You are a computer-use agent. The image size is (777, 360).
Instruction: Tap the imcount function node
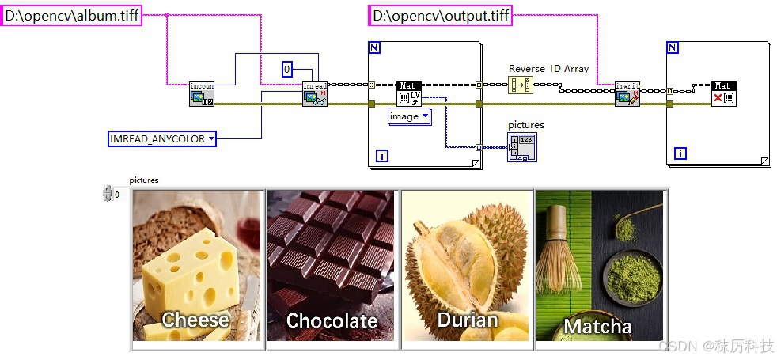pyautogui.click(x=202, y=93)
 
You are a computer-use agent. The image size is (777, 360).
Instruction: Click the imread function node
pyautogui.click(x=315, y=93)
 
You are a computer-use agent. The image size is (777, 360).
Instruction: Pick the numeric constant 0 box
pyautogui.click(x=288, y=70)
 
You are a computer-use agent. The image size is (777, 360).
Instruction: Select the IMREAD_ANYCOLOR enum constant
pyautogui.click(x=162, y=139)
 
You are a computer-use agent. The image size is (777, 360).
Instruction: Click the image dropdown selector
pyautogui.click(x=409, y=116)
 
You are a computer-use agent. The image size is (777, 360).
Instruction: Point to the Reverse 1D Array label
pyautogui.click(x=548, y=69)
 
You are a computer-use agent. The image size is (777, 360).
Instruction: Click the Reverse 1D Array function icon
pyautogui.click(x=521, y=85)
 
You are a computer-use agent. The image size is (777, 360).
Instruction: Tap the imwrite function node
pyautogui.click(x=627, y=93)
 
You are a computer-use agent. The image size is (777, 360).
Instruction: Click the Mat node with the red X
pyautogui.click(x=723, y=93)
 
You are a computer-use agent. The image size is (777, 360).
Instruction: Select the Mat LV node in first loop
pyautogui.click(x=408, y=93)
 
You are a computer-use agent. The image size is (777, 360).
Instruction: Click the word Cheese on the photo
pyautogui.click(x=195, y=320)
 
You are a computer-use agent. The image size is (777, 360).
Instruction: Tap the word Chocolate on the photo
pyautogui.click(x=332, y=320)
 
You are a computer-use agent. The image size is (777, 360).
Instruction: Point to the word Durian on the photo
pyautogui.click(x=467, y=320)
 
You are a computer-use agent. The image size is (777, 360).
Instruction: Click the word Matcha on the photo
pyautogui.click(x=597, y=326)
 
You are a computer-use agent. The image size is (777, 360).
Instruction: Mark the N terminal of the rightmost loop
pyautogui.click(x=673, y=47)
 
